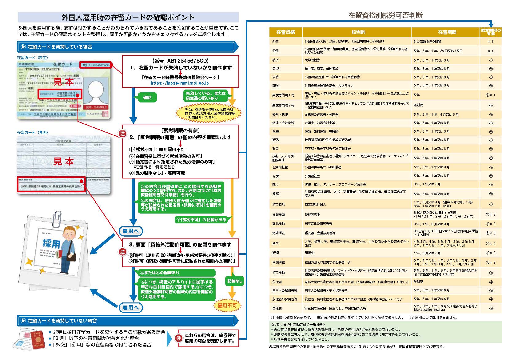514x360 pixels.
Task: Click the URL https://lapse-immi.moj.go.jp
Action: point(180,83)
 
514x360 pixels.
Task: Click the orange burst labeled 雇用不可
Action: point(227,306)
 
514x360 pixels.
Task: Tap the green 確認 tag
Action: point(147,98)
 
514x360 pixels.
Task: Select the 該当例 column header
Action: point(357,32)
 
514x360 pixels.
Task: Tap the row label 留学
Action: point(275,243)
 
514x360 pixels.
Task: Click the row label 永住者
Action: point(277,282)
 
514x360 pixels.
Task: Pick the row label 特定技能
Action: point(278,204)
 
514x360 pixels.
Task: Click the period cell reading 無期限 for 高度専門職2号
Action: point(418,105)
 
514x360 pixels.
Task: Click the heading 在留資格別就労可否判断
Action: point(385,15)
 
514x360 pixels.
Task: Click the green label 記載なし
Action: point(235,281)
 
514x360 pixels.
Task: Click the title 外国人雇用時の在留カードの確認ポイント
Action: point(128,17)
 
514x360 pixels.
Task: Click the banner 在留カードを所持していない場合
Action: point(62,321)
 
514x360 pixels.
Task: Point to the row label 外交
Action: point(275,41)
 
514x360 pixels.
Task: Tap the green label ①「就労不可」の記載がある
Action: point(201,220)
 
